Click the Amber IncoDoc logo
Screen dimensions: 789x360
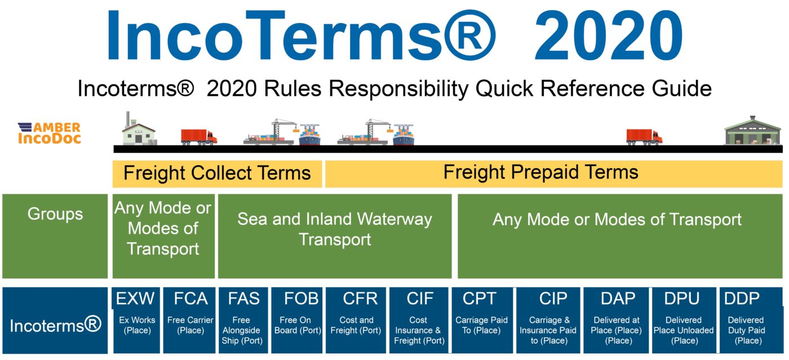pyautogui.click(x=50, y=133)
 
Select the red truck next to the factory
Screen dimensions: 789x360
pyautogui.click(x=198, y=137)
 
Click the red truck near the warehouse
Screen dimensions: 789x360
pyautogui.click(x=644, y=137)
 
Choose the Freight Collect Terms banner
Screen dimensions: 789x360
pyautogui.click(x=217, y=174)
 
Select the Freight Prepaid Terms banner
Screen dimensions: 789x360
pyautogui.click(x=553, y=174)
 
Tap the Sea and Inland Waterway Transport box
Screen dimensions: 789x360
pyautogui.click(x=335, y=236)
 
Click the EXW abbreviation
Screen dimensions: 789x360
pyautogui.click(x=135, y=299)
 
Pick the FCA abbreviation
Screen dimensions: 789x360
pyautogui.click(x=190, y=299)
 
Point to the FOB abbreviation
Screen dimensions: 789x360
pyautogui.click(x=301, y=299)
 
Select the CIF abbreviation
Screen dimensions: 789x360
pyautogui.click(x=420, y=299)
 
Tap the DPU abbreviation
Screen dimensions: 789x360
pyautogui.click(x=682, y=299)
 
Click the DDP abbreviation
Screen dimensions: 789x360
pyautogui.click(x=742, y=299)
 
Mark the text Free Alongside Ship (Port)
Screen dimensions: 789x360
pyautogui.click(x=242, y=330)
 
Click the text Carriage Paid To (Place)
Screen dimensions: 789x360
pyautogui.click(x=481, y=325)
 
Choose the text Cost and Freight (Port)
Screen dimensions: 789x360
pyautogui.click(x=356, y=325)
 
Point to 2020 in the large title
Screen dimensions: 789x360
pyautogui.click(x=608, y=35)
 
